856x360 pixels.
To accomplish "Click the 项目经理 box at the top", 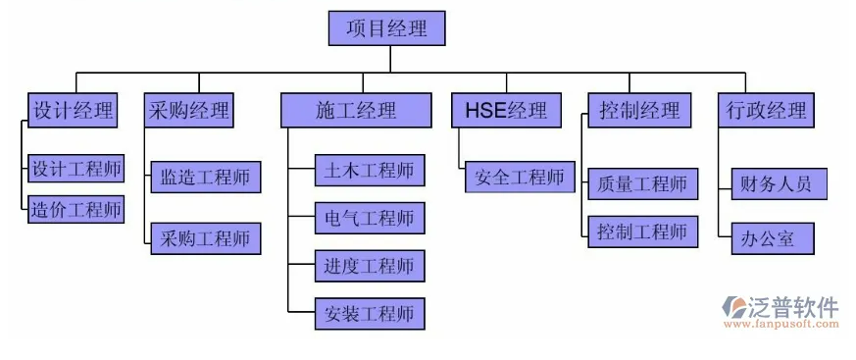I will click(387, 28).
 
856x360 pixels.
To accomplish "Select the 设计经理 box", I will click(72, 110).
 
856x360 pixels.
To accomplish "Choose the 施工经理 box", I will click(356, 110).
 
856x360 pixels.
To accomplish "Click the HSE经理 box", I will click(507, 110).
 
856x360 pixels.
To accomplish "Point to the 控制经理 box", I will click(639, 110).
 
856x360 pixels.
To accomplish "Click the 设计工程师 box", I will click(76, 169).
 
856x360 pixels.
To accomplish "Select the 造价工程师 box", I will click(76, 208).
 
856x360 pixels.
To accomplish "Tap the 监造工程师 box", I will click(206, 179).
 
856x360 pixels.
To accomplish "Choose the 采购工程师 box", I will click(206, 238).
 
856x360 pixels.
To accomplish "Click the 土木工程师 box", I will click(370, 171).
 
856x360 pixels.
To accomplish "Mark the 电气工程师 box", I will click(370, 218).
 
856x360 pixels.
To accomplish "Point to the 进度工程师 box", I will click(370, 265).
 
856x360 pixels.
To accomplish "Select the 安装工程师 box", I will click(370, 314).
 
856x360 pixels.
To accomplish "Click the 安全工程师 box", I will click(520, 178).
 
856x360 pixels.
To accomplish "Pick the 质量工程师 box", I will click(643, 183).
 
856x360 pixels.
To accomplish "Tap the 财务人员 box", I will click(772, 183).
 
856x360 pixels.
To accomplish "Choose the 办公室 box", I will click(772, 238).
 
